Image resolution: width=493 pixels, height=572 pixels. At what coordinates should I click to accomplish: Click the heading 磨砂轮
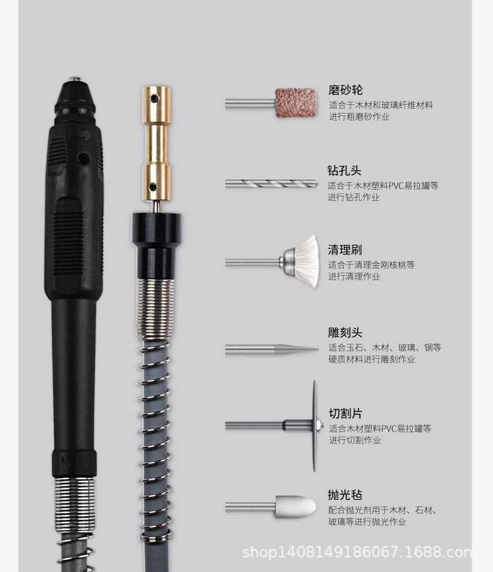click(x=345, y=90)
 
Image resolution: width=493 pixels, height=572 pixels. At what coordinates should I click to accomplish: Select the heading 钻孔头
click(x=344, y=170)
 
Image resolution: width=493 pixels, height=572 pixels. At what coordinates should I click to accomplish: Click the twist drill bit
click(x=275, y=184)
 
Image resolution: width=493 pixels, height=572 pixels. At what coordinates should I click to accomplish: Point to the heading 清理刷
click(x=344, y=250)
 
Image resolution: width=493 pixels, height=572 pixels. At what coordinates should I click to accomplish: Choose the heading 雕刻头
click(x=345, y=332)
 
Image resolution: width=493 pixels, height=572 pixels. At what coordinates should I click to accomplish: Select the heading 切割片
click(x=345, y=414)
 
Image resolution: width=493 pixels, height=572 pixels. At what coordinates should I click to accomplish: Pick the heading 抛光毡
click(x=345, y=495)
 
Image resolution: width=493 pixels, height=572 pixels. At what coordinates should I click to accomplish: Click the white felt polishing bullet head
click(x=296, y=506)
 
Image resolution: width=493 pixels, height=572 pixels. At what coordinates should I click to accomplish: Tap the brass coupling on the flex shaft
click(x=155, y=143)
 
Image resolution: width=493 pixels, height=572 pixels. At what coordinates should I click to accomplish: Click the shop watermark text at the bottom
click(x=359, y=552)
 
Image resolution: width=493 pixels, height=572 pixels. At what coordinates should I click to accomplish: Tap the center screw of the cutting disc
click(x=318, y=426)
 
